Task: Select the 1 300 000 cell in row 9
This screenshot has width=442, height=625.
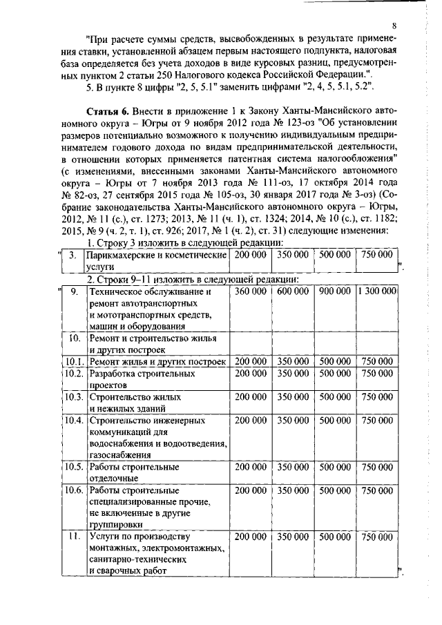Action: coord(377,293)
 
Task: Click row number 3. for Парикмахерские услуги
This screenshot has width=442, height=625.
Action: coord(73,256)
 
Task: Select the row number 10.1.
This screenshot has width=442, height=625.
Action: coord(74,361)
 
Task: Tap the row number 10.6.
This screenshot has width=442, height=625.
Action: coord(74,490)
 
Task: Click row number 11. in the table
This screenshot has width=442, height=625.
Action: coord(74,537)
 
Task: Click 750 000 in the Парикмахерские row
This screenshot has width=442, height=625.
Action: coord(377,256)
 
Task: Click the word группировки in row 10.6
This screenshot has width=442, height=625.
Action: coord(117,525)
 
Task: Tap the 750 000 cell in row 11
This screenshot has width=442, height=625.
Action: coord(377,537)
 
